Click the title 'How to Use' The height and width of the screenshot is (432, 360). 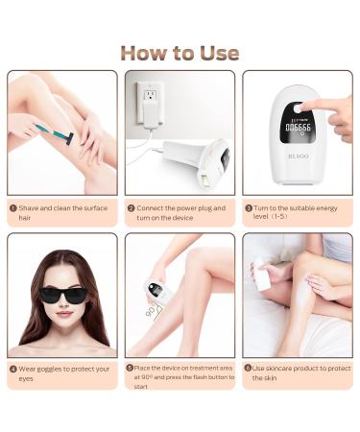click(180, 52)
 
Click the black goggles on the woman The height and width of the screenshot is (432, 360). click(61, 295)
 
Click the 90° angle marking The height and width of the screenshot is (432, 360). click(150, 312)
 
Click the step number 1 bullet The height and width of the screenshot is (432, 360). click(12, 207)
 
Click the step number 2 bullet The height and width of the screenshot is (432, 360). click(131, 207)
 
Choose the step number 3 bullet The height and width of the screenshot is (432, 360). click(249, 207)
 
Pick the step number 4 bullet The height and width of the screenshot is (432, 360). click(12, 368)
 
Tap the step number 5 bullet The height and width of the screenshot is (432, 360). click(131, 368)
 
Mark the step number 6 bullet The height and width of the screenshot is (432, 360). click(249, 368)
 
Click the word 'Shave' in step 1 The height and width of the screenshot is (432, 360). click(29, 207)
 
